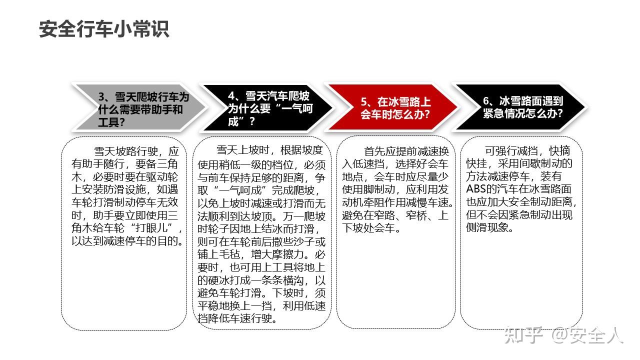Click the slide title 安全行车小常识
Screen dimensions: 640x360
(x=104, y=29)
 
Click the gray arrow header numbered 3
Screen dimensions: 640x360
(x=140, y=107)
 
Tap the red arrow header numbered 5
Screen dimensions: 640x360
(x=392, y=107)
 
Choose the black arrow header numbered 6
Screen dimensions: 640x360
(x=520, y=107)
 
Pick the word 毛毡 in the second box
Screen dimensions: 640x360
(x=235, y=254)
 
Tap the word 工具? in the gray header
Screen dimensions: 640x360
(x=111, y=122)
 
